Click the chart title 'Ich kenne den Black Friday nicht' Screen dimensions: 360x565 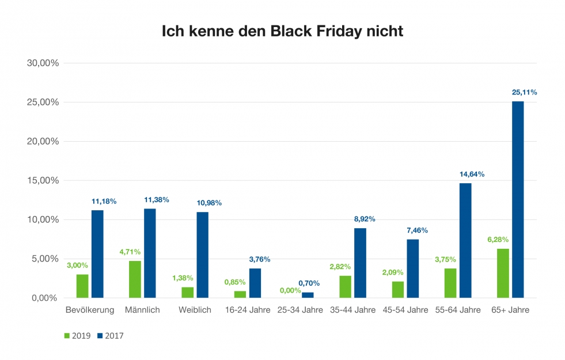(282, 31)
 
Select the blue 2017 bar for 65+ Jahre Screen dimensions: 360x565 (518, 199)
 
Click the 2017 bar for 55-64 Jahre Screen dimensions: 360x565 (465, 240)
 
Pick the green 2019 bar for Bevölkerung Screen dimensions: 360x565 (82, 286)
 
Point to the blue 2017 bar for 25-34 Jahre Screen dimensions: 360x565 (308, 295)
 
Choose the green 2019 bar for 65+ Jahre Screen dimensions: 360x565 (503, 273)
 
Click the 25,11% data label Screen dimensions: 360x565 (524, 92)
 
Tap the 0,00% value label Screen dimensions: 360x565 (290, 290)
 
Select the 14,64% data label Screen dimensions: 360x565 (472, 174)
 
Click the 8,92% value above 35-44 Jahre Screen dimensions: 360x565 (363, 219)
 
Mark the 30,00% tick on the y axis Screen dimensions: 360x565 (43, 63)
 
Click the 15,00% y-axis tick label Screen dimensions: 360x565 (43, 181)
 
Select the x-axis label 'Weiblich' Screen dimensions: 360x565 (195, 310)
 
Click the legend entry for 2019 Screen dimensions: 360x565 (77, 336)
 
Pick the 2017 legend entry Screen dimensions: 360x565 (109, 336)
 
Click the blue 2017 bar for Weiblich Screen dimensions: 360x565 (202, 255)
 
